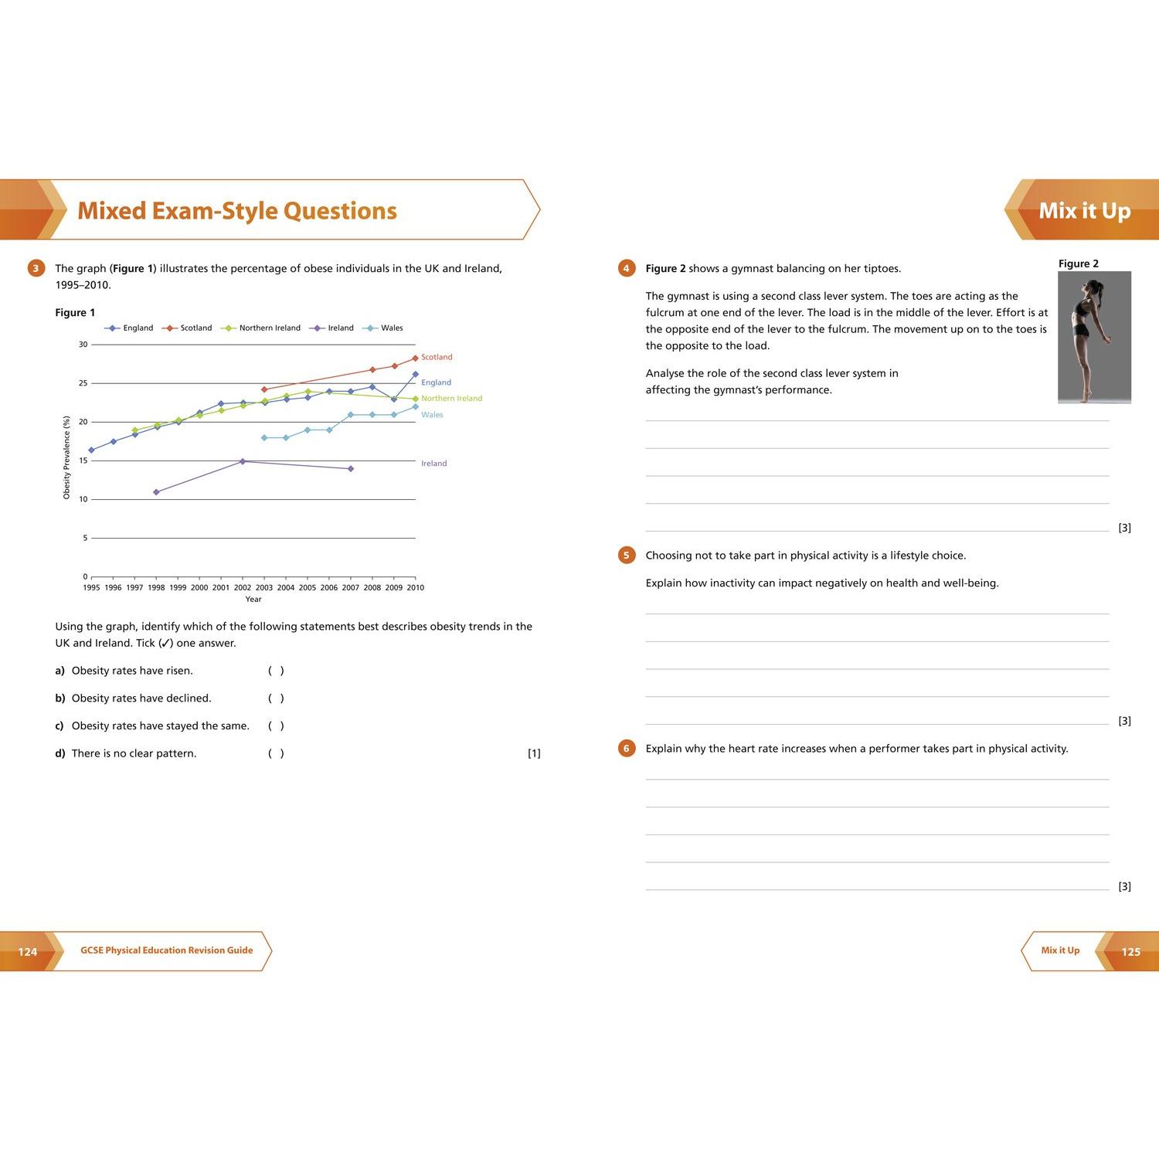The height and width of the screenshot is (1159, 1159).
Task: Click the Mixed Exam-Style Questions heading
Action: pyautogui.click(x=237, y=211)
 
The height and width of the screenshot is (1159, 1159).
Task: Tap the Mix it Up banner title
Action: pyautogui.click(x=1084, y=211)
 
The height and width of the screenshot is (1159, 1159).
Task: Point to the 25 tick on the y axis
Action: pyautogui.click(x=83, y=383)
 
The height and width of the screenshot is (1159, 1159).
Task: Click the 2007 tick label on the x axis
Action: pyautogui.click(x=350, y=588)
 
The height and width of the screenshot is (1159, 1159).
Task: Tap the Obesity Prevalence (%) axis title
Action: pyautogui.click(x=66, y=457)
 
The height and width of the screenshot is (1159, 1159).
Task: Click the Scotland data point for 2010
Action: pyautogui.click(x=415, y=359)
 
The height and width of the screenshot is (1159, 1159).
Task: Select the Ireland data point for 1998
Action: pyautogui.click(x=156, y=492)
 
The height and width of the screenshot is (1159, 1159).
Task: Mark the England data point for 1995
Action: pyautogui.click(x=92, y=450)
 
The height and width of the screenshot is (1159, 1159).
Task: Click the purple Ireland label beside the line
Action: pyautogui.click(x=433, y=464)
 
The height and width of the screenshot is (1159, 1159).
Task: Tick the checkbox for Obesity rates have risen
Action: pyautogui.click(x=276, y=671)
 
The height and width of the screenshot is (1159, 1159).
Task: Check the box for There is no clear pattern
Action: pyautogui.click(x=276, y=753)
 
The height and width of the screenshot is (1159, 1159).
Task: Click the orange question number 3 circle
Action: pyautogui.click(x=36, y=269)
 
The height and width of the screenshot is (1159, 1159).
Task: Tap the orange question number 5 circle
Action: pyautogui.click(x=627, y=556)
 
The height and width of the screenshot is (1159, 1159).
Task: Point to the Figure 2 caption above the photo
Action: pyautogui.click(x=1078, y=264)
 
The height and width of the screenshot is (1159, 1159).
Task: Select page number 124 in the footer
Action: pyautogui.click(x=28, y=952)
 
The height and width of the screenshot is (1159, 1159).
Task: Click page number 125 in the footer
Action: pyautogui.click(x=1130, y=952)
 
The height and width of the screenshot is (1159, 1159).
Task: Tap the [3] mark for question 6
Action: pyautogui.click(x=1124, y=886)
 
